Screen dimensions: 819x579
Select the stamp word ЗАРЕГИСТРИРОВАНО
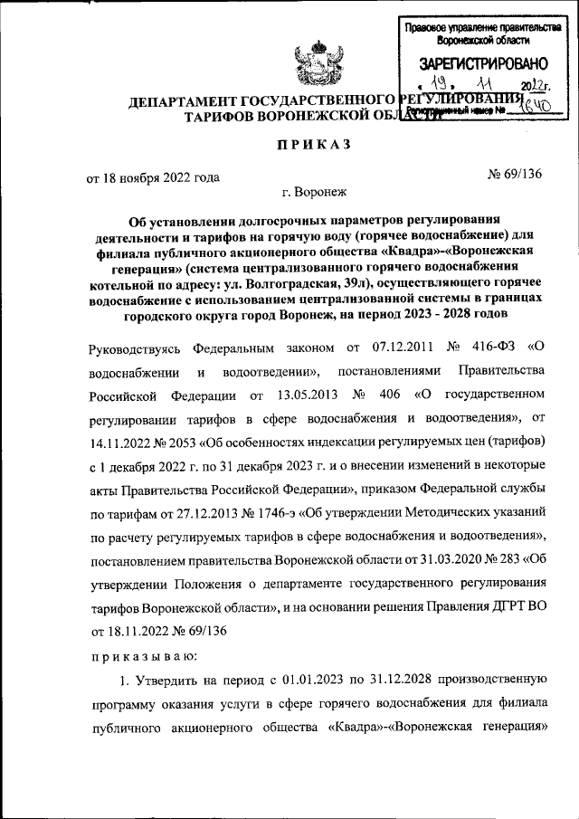click(483, 63)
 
